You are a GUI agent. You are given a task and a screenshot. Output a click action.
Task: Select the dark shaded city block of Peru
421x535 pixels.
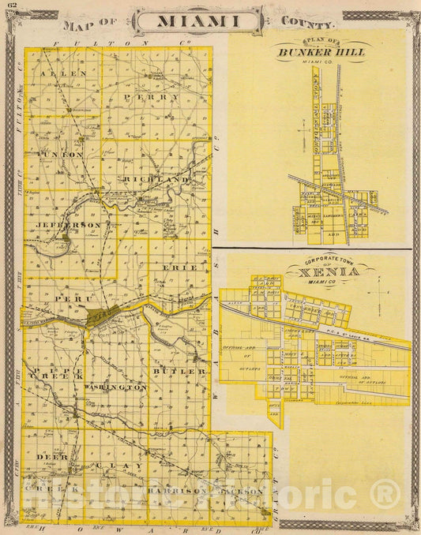pos(113,315)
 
